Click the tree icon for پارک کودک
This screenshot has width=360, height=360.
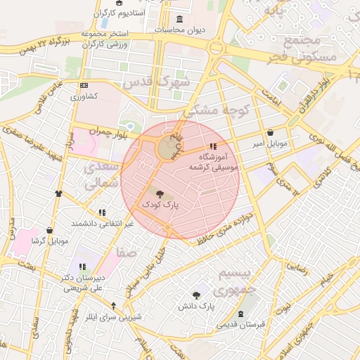[x=160, y=193]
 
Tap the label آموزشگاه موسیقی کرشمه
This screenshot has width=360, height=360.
[x=214, y=162]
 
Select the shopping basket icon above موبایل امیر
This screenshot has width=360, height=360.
[x=271, y=133]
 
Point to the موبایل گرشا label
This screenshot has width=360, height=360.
[x=49, y=241]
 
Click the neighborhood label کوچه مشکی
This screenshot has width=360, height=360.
[x=217, y=108]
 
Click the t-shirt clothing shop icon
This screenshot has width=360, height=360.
[x=58, y=193]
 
